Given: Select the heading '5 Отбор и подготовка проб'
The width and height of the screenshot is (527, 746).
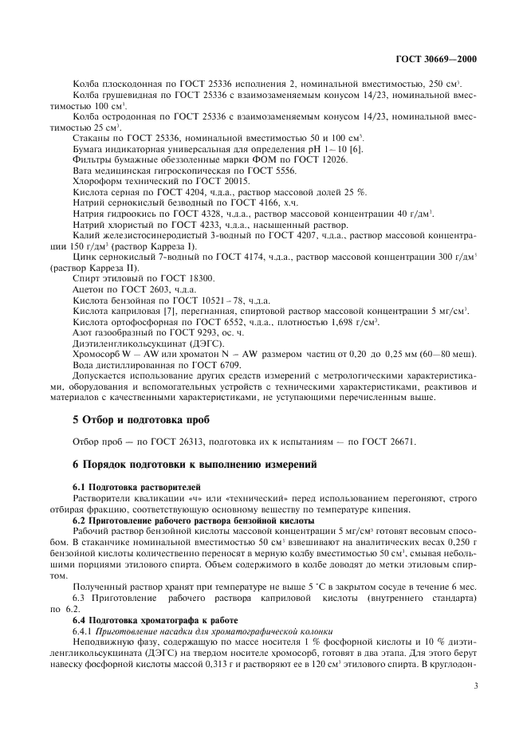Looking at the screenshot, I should [132, 419].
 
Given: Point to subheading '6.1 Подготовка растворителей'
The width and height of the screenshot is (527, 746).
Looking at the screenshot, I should [132, 486].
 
